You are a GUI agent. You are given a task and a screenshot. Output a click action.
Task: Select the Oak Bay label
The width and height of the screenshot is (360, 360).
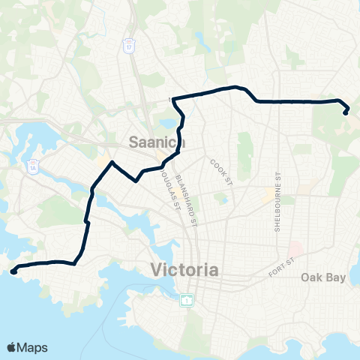pos(322,277)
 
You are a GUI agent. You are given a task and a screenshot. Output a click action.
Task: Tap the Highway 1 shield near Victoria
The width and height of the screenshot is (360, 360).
pos(185,300)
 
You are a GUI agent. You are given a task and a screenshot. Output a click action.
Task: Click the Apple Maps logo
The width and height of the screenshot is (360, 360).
pos(28,347)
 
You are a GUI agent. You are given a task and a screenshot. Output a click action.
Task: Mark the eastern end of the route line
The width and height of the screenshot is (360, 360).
pos(346,112)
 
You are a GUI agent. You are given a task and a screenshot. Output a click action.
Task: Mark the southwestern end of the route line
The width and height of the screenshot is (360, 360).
pos(13,273)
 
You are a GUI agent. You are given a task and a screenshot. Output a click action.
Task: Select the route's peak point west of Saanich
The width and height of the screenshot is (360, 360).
pos(112,162)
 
